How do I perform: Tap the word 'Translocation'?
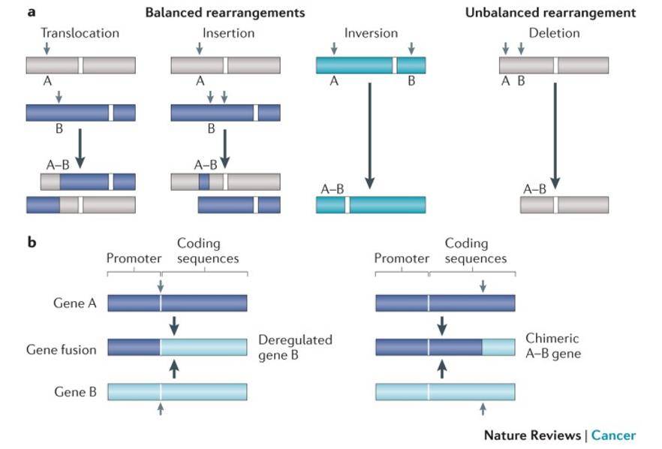pyautogui.click(x=80, y=33)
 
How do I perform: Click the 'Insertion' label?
pyautogui.click(x=228, y=33)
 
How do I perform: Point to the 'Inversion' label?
pyautogui.click(x=371, y=33)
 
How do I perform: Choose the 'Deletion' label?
pyautogui.click(x=554, y=33)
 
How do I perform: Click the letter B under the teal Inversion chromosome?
pyautogui.click(x=411, y=82)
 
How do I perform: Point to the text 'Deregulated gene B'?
pyautogui.click(x=295, y=346)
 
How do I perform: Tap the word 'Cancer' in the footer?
pyautogui.click(x=613, y=435)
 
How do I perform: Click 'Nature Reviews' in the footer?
pyautogui.click(x=531, y=435)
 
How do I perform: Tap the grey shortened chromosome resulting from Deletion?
pyautogui.click(x=564, y=205)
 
